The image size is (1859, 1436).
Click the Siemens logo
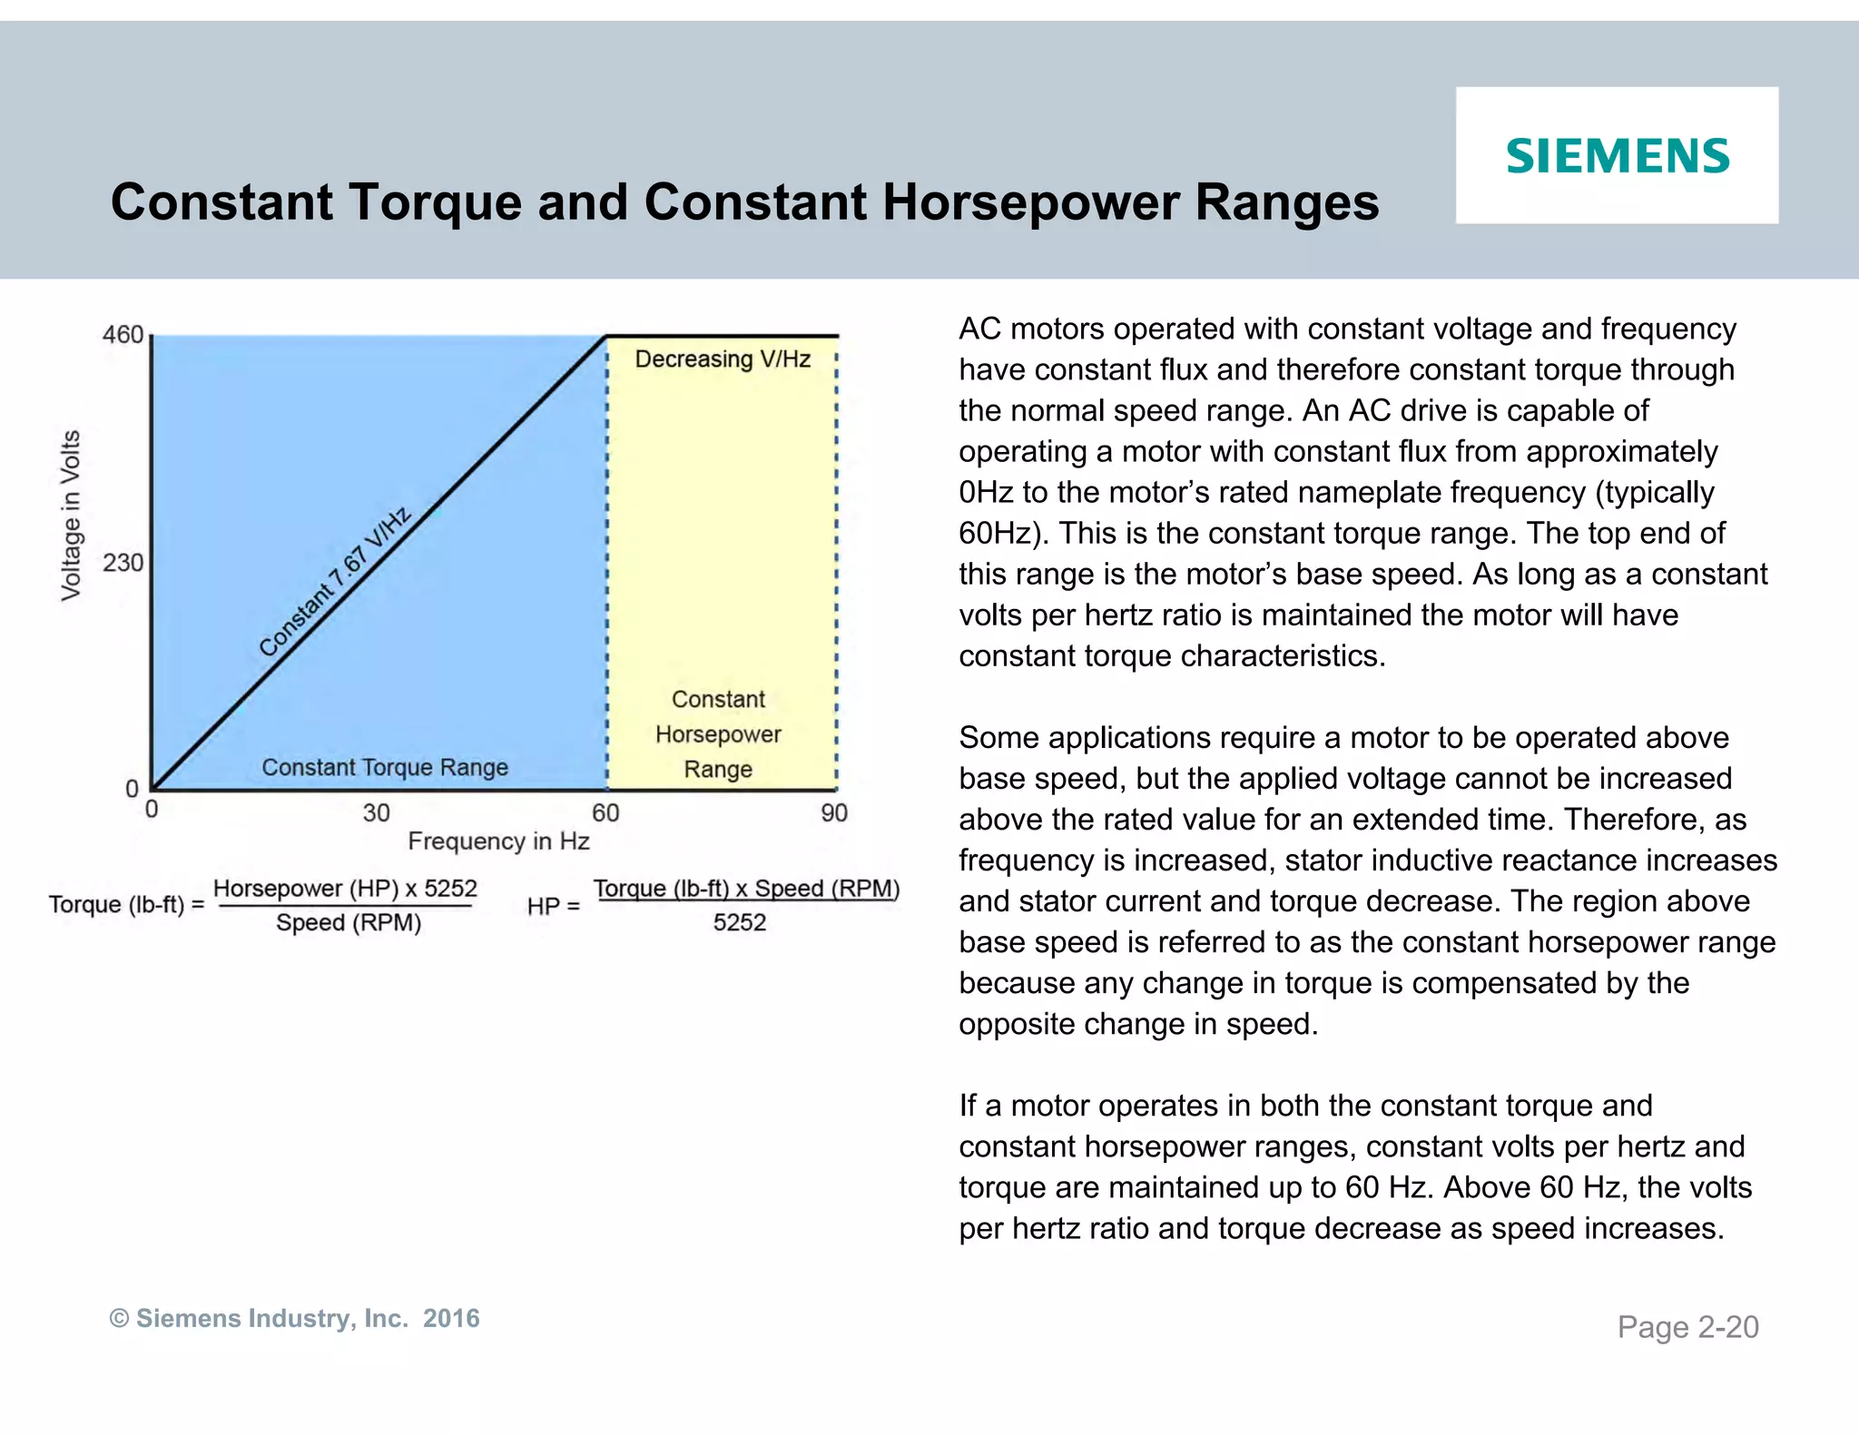click(1618, 156)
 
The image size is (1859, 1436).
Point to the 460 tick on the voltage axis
click(123, 335)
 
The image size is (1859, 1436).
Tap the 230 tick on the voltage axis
click(123, 563)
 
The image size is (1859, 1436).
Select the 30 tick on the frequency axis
click(376, 812)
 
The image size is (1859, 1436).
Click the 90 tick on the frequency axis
click(834, 812)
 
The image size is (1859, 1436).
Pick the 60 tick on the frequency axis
click(605, 812)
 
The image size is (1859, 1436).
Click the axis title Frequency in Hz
click(498, 841)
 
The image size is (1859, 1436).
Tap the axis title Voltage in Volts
click(71, 515)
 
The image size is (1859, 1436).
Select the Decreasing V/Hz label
click(723, 359)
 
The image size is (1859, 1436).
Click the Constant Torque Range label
click(385, 768)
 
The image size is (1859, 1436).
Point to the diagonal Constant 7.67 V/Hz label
click(335, 582)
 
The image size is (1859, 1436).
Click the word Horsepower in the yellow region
click(718, 734)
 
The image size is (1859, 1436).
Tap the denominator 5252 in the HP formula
click(739, 923)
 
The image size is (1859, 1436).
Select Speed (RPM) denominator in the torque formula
click(349, 923)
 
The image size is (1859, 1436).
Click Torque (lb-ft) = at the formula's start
click(126, 905)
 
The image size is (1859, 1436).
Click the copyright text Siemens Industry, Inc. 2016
click(295, 1318)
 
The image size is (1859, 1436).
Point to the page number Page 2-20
click(1687, 1327)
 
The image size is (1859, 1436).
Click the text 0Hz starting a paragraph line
click(986, 493)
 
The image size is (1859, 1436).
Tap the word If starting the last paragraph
click(968, 1106)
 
